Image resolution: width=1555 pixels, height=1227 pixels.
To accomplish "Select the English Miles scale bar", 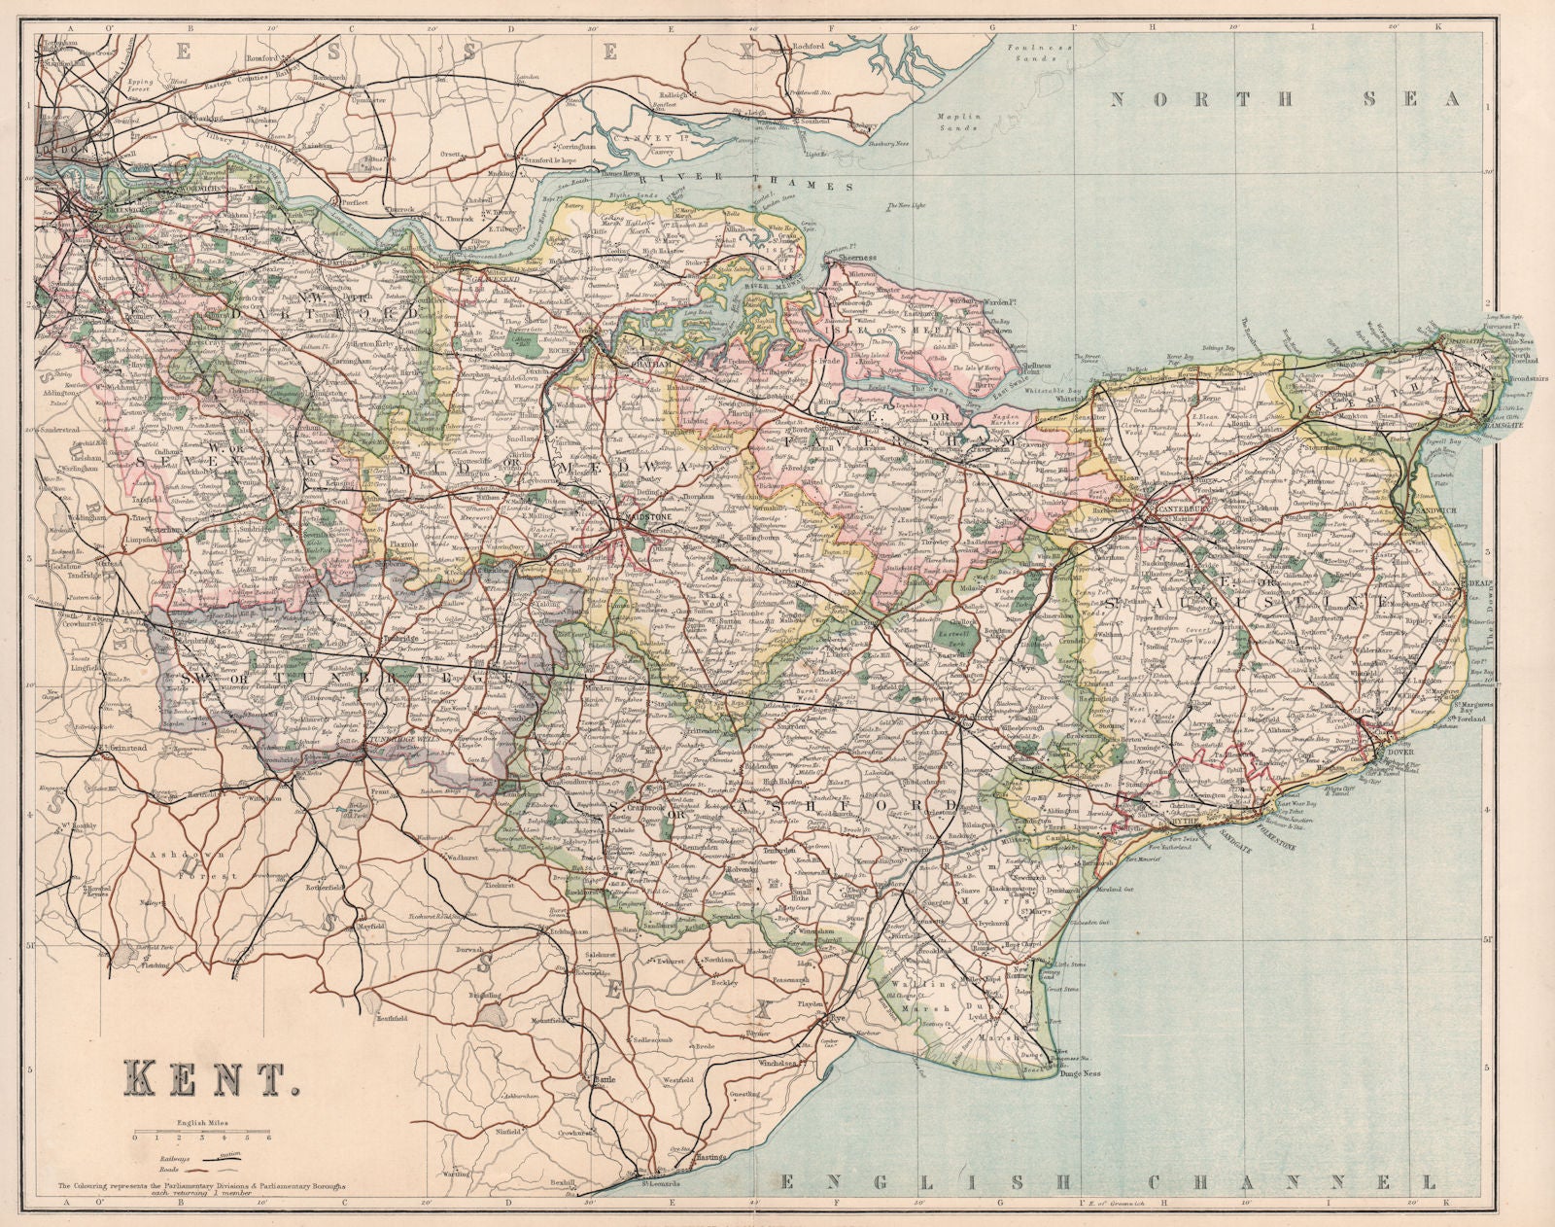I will pyautogui.click(x=202, y=1134).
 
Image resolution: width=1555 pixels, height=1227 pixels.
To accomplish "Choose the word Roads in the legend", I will pyautogui.click(x=171, y=1173).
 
